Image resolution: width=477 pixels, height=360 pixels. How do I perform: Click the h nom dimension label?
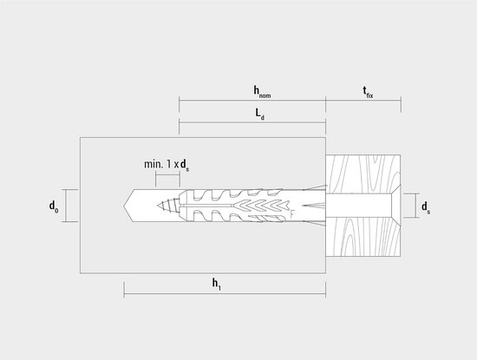coord(262,92)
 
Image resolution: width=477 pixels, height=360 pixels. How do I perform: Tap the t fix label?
coord(368,92)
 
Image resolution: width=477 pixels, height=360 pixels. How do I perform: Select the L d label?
coord(259,115)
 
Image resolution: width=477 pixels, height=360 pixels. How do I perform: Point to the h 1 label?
coord(216,284)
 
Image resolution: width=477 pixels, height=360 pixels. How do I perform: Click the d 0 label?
coord(54,206)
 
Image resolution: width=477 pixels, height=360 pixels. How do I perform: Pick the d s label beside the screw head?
coord(426,207)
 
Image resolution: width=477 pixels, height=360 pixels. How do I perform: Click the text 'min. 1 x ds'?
coord(167,165)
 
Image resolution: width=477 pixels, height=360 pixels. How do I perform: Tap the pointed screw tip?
coord(158,206)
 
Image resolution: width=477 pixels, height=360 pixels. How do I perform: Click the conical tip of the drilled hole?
coord(128,206)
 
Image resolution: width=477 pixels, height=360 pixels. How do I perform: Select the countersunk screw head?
coord(395,206)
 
